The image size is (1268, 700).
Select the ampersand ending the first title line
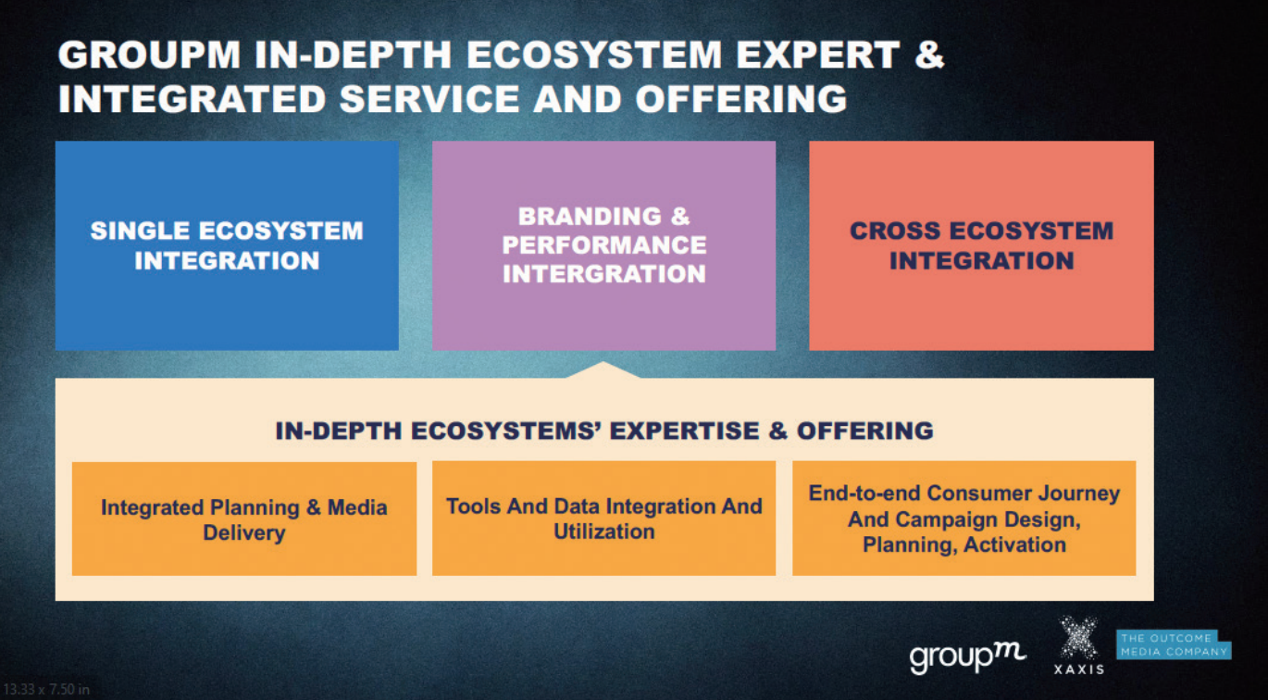pyautogui.click(x=929, y=55)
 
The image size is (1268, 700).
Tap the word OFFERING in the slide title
pyautogui.click(x=741, y=98)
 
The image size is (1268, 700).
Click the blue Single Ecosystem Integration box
pyautogui.click(x=227, y=245)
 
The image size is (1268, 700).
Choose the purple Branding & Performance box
pyautogui.click(x=604, y=245)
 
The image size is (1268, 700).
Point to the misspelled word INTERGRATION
pyautogui.click(x=604, y=274)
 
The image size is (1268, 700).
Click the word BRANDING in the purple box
pyautogui.click(x=590, y=217)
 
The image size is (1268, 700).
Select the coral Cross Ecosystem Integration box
pyautogui.click(x=982, y=245)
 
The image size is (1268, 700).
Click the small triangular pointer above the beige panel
pyautogui.click(x=603, y=370)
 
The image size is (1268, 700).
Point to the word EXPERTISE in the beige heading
pyautogui.click(x=683, y=431)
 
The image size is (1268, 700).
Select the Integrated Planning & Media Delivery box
pyautogui.click(x=244, y=519)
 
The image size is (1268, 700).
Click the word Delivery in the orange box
pyautogui.click(x=244, y=533)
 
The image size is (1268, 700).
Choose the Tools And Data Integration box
pyautogui.click(x=604, y=519)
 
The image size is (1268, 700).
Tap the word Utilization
pyautogui.click(x=604, y=531)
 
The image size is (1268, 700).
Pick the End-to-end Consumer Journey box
pyautogui.click(x=964, y=519)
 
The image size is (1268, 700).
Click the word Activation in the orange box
pyautogui.click(x=1015, y=544)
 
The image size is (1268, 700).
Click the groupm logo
pyautogui.click(x=967, y=657)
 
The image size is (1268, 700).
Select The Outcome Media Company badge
pyautogui.click(x=1174, y=645)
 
